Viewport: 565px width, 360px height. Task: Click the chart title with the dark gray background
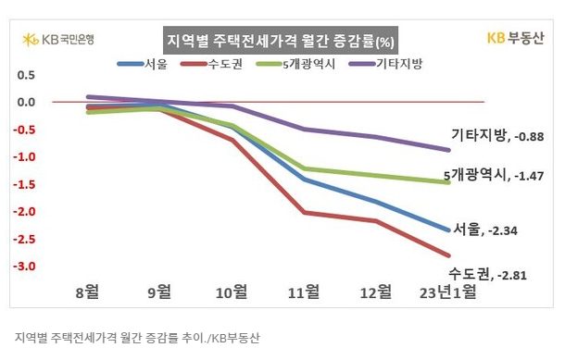(x=281, y=41)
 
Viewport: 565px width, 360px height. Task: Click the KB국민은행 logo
(x=58, y=39)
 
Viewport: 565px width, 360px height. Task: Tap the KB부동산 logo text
(x=515, y=38)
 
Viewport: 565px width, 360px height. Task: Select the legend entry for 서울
(x=143, y=64)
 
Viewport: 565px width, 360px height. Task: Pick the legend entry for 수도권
(x=212, y=64)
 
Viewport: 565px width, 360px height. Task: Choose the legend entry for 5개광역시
(x=295, y=64)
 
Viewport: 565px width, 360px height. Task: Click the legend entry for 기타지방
(x=385, y=64)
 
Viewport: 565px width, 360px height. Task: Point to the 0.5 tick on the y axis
(x=26, y=75)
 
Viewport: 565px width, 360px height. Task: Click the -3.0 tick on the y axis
(x=24, y=266)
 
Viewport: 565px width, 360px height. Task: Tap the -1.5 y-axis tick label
(x=24, y=184)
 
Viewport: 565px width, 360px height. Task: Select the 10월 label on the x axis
(x=232, y=292)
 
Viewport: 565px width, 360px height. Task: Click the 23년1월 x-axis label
(x=447, y=292)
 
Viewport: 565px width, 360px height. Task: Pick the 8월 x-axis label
(x=87, y=292)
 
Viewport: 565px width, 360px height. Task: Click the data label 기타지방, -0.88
(x=497, y=136)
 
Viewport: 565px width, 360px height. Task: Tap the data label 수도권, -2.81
(x=487, y=274)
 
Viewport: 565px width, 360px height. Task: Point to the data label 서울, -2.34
(x=484, y=230)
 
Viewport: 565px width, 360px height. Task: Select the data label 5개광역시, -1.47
(x=494, y=175)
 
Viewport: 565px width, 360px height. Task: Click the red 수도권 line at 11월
(x=305, y=213)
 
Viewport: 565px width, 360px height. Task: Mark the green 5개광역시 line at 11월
(x=305, y=168)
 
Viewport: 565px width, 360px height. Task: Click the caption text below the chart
(x=137, y=338)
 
